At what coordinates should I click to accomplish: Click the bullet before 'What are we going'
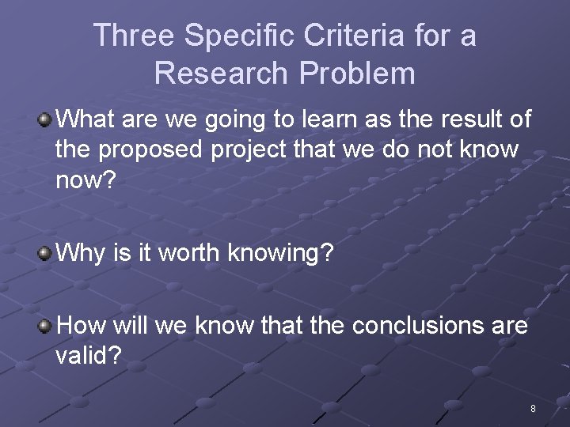44,120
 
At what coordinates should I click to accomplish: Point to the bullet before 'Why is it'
44,254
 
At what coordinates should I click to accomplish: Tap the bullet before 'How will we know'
44,326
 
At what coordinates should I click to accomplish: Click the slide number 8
533,409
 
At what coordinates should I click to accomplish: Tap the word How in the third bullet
82,326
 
